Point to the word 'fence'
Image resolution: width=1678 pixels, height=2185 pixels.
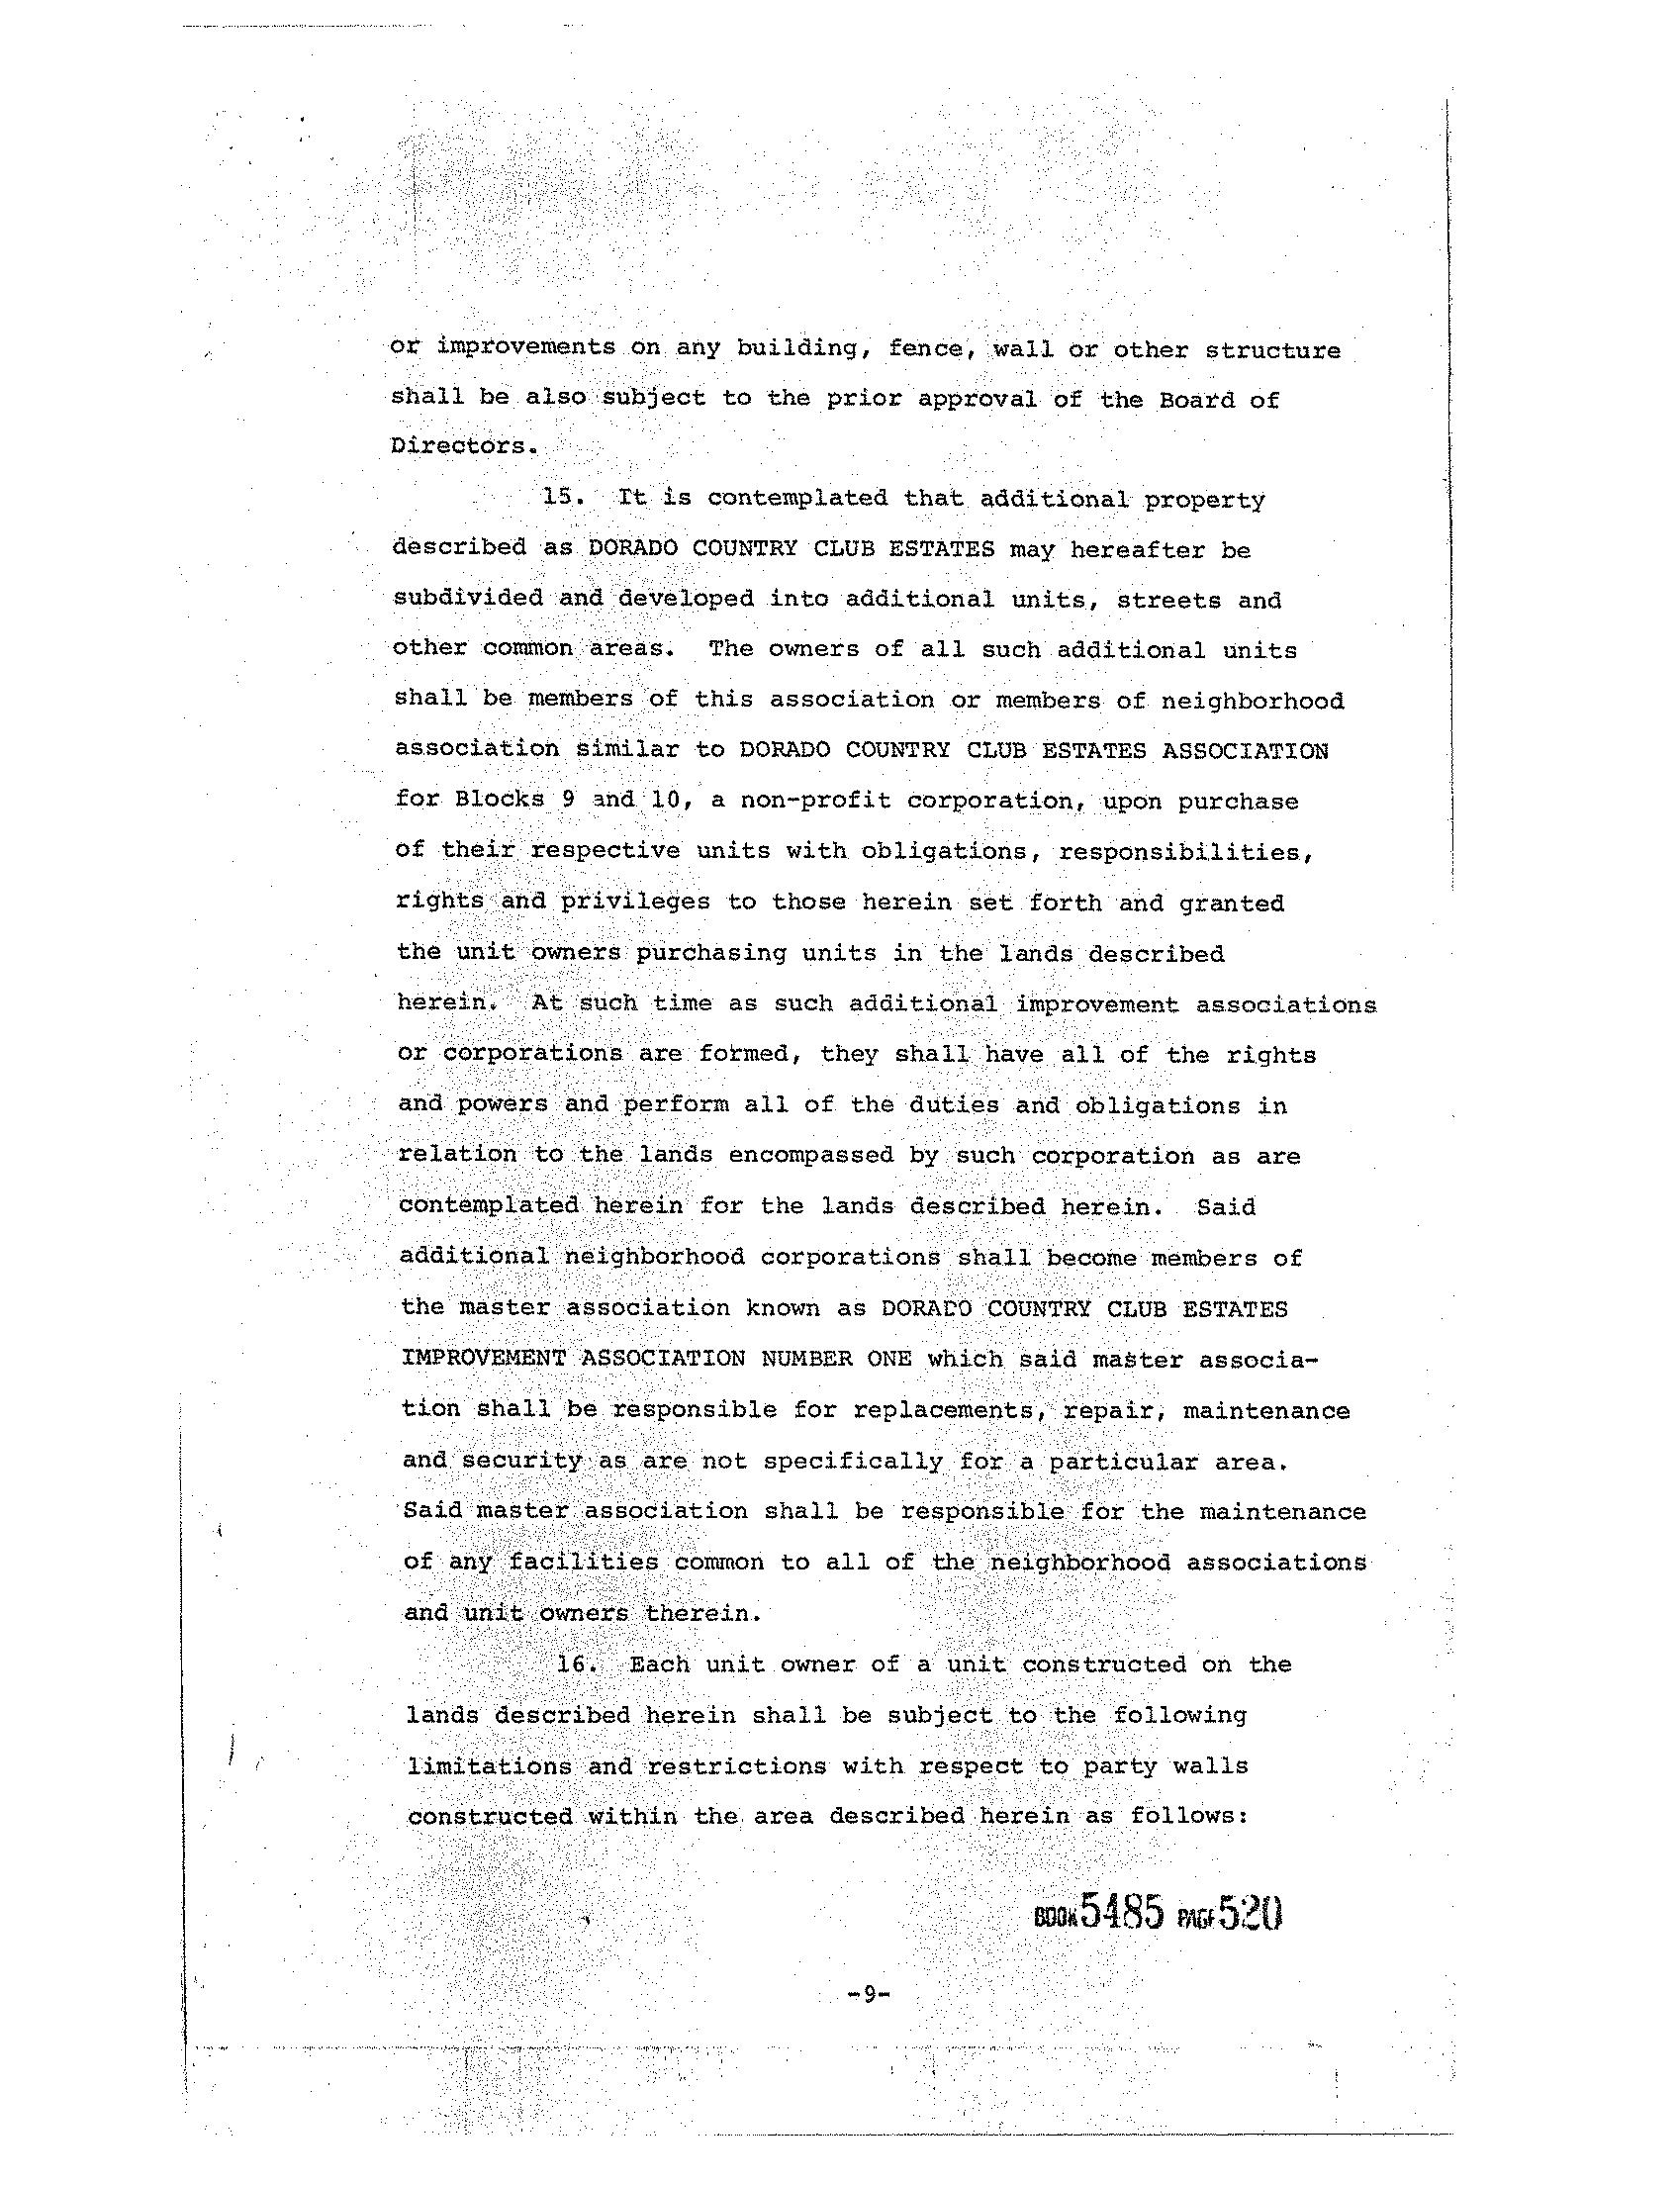(x=926, y=348)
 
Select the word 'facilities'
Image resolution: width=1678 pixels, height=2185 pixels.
(x=584, y=1562)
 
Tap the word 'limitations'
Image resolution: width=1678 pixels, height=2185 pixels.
(x=489, y=1765)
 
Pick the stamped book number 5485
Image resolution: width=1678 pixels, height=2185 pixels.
(x=1123, y=1914)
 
